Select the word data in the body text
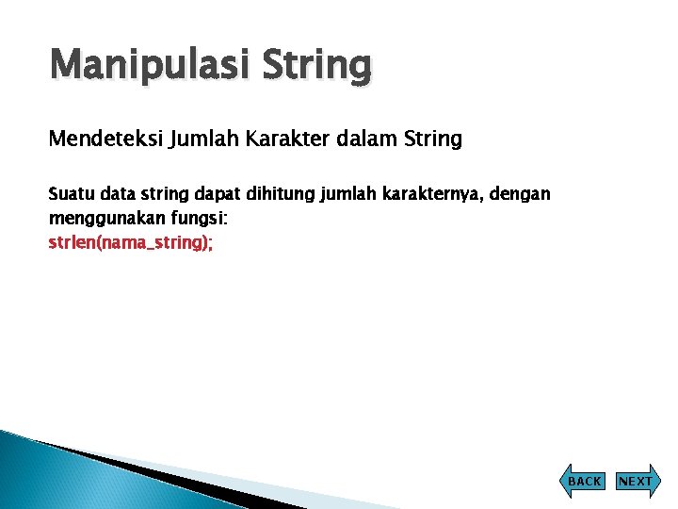pyautogui.click(x=118, y=194)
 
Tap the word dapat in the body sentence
pyautogui.click(x=217, y=194)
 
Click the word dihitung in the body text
pyautogui.click(x=279, y=194)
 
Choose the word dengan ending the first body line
pyautogui.click(x=521, y=195)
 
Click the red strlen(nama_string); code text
pyautogui.click(x=131, y=242)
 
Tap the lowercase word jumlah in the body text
pyautogui.click(x=347, y=195)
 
